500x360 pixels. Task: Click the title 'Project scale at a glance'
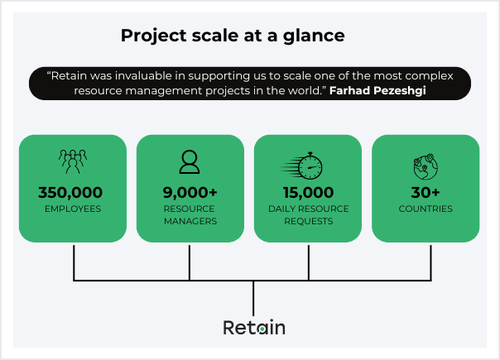coord(233,36)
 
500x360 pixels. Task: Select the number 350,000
coord(72,193)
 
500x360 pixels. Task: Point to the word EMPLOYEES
coord(72,209)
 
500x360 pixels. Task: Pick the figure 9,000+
coord(190,193)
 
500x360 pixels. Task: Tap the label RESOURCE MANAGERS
coord(190,215)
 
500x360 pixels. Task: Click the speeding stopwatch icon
coord(306,164)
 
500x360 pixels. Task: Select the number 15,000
coord(307,193)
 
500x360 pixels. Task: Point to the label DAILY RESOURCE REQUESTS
coord(307,215)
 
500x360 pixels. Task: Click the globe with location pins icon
coord(425,166)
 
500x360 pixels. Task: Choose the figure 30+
coord(425,193)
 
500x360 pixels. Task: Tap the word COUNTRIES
coord(425,209)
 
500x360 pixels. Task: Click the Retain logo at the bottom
coord(253,328)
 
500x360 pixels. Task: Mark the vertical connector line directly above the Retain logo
coord(253,295)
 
